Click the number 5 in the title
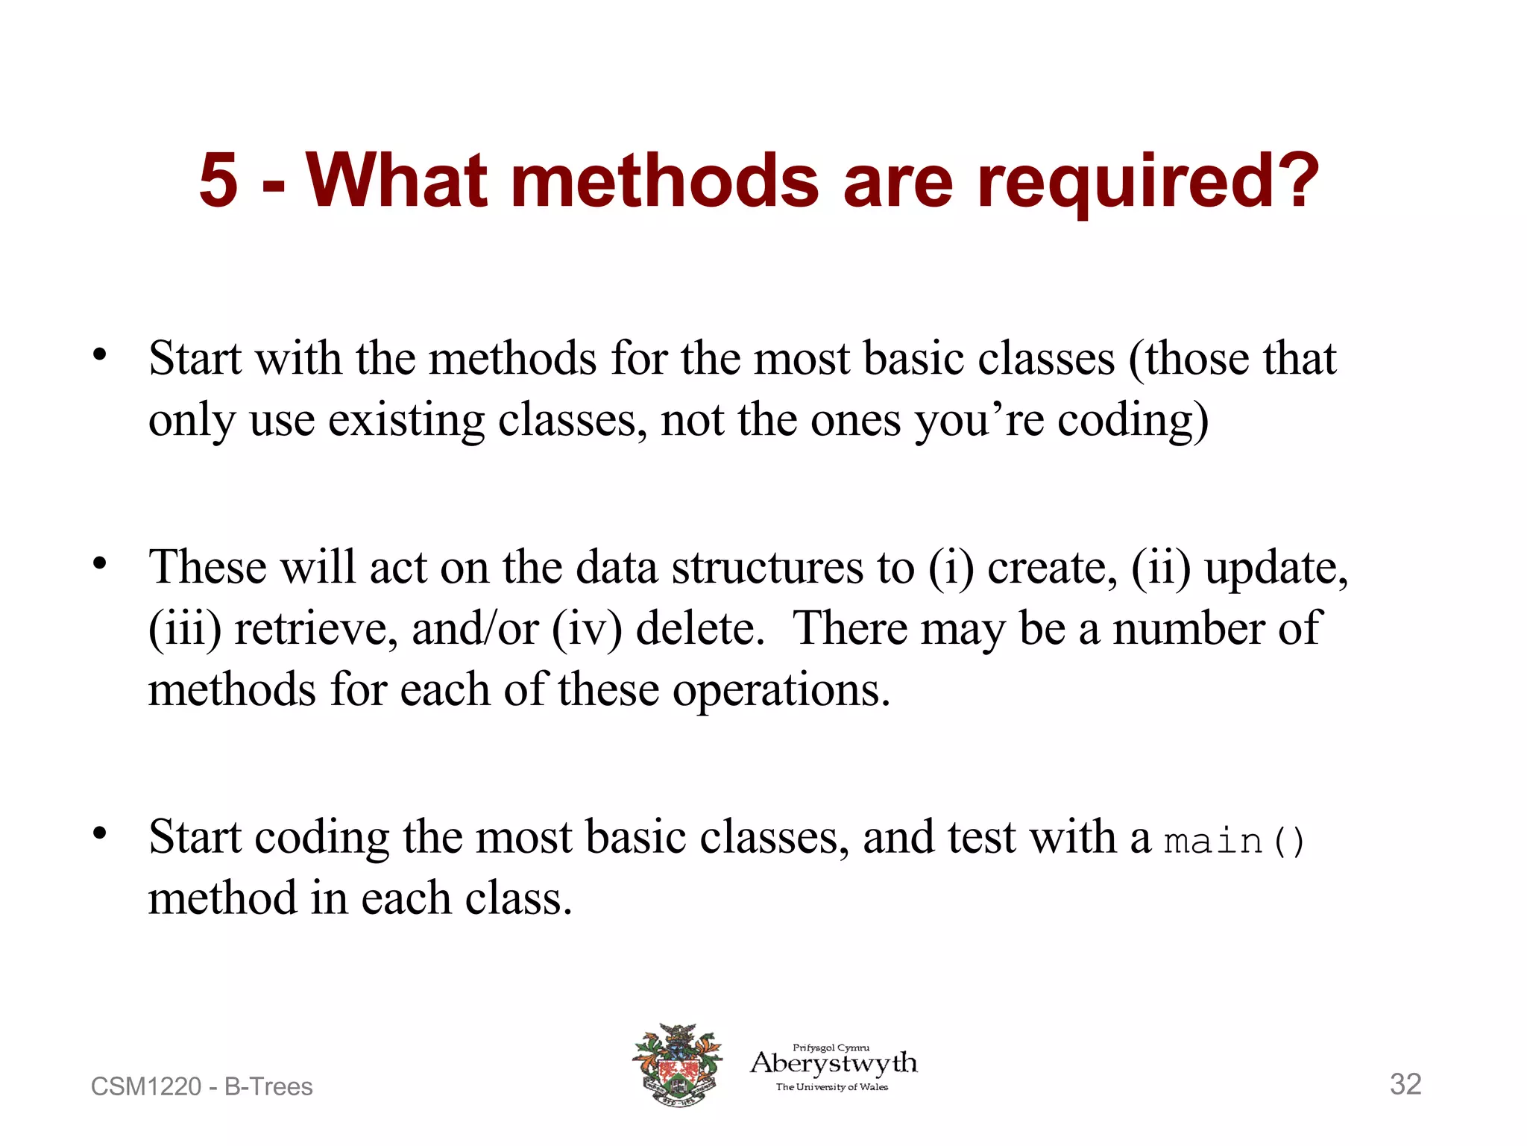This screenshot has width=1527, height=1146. point(218,181)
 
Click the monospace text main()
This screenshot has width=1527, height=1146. point(1234,841)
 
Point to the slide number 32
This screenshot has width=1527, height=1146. point(1405,1084)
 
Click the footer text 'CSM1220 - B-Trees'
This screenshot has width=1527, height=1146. point(201,1086)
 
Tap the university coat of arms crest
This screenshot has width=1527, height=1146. point(678,1065)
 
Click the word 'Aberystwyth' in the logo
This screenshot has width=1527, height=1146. point(834,1062)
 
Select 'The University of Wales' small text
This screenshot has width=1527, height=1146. point(831,1087)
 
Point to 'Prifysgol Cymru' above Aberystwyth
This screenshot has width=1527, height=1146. point(831,1048)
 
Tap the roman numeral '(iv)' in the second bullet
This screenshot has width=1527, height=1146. point(587,628)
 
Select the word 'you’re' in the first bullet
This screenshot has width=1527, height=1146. point(979,421)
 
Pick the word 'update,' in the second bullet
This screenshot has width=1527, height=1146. point(1276,568)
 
